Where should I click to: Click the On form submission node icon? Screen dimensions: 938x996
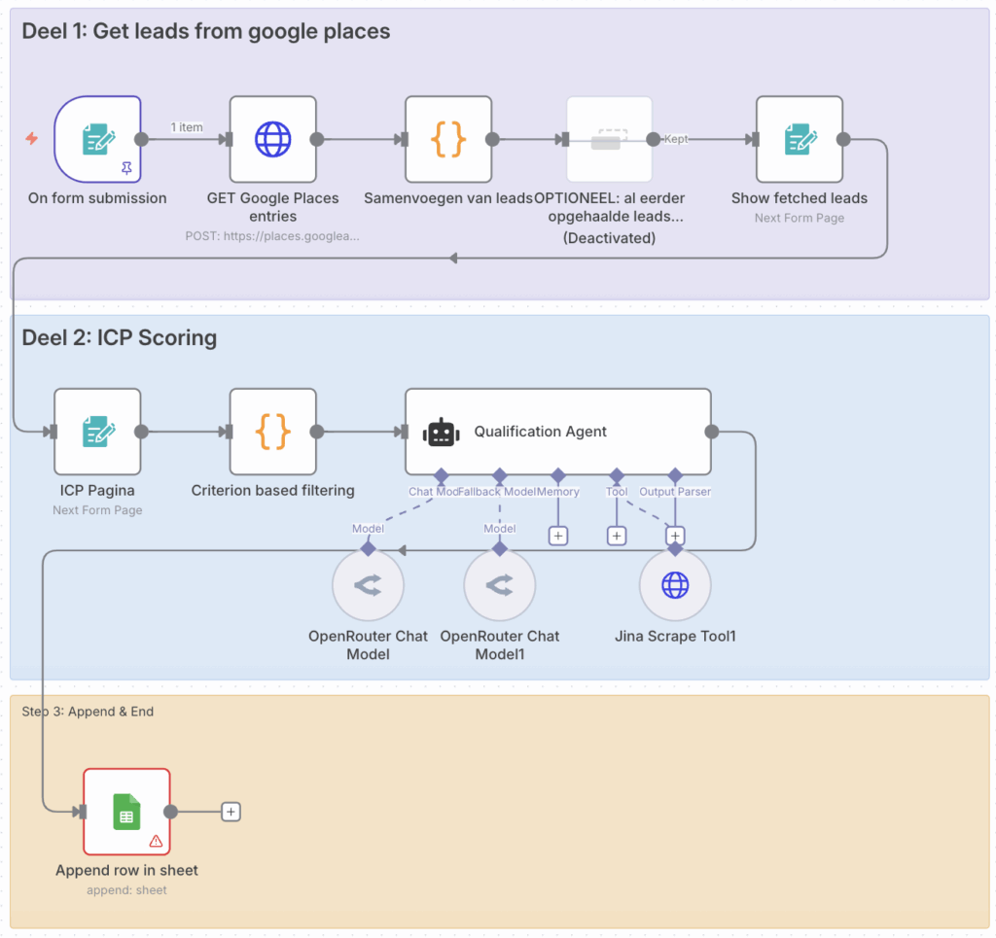tap(97, 139)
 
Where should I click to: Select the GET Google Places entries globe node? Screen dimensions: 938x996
tap(273, 139)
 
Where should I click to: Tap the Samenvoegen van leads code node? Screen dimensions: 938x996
tap(448, 139)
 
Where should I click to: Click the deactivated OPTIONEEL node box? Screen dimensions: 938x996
tap(609, 139)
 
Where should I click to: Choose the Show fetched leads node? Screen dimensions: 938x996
tap(800, 139)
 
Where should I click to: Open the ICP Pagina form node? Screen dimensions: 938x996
tap(97, 432)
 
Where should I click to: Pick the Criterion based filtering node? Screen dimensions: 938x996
tap(273, 432)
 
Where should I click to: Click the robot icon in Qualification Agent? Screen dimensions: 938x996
tap(441, 433)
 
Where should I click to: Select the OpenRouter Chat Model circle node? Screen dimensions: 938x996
tap(368, 585)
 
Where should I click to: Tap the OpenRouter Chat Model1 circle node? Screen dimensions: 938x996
tap(500, 585)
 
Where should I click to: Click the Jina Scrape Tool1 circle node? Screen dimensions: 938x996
tap(675, 585)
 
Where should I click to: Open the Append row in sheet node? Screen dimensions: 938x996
tap(126, 812)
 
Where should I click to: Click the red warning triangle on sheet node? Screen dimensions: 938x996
tap(156, 841)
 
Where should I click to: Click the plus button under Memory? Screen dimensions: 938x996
tap(558, 536)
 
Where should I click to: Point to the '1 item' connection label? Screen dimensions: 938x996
tap(187, 127)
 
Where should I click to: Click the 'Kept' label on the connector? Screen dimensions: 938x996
tap(676, 139)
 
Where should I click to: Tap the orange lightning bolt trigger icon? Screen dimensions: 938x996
tap(32, 139)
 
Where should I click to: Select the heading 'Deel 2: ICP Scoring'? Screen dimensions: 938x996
tap(119, 338)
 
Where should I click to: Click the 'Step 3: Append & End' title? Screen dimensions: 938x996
tap(88, 712)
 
